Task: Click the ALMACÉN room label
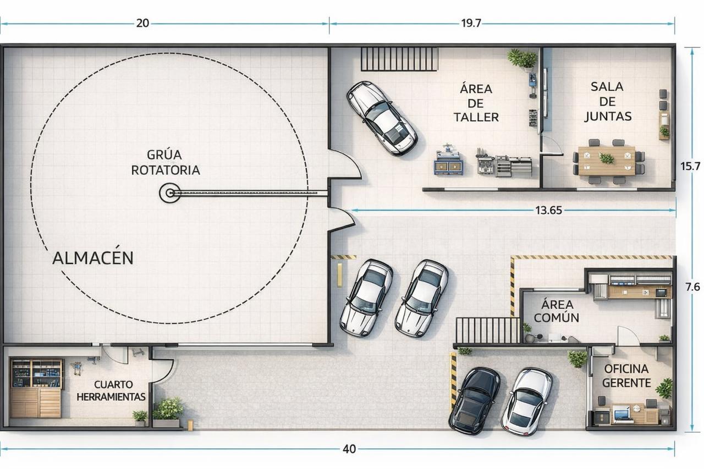93,257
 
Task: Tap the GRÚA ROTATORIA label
166,162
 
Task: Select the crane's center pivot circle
170,193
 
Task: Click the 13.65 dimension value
548,210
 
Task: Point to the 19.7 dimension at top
471,23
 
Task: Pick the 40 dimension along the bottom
349,449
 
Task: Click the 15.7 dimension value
690,166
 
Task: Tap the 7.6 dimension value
692,287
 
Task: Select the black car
475,401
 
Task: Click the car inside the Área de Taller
382,118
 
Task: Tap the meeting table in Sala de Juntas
607,160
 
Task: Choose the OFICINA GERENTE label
626,376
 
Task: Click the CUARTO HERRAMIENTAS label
111,390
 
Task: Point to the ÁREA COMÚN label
556,311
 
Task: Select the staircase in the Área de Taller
399,59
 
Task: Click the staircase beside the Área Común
488,330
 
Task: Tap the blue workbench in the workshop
448,162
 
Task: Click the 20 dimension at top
142,23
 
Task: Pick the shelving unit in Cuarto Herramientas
36,388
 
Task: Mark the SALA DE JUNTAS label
607,101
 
